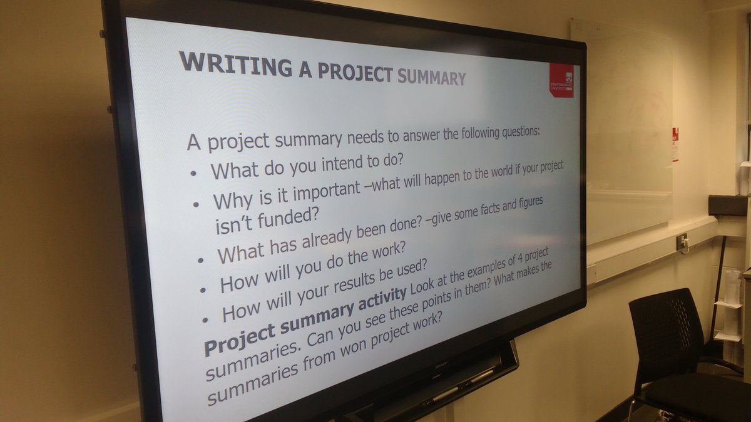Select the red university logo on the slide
(561, 81)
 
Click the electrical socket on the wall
(682, 242)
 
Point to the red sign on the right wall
(675, 144)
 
